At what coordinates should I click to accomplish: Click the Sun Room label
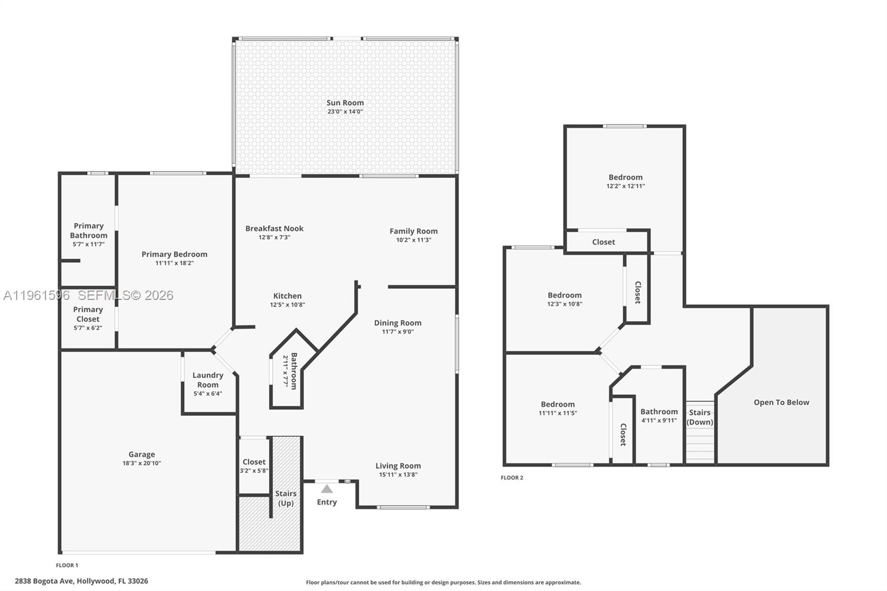345,103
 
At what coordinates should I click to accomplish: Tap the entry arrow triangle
327,489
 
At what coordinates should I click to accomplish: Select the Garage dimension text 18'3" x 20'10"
142,463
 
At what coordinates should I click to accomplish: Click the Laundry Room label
208,380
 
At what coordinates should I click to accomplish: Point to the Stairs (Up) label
286,498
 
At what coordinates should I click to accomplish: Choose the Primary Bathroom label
89,231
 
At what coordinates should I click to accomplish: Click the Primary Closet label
88,314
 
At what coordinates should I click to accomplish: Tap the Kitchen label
287,296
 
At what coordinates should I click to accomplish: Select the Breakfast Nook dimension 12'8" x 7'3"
274,237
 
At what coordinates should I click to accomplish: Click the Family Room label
414,231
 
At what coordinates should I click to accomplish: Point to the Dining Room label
397,323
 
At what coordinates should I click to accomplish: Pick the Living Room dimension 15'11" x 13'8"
398,475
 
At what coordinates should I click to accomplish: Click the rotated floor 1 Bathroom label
294,371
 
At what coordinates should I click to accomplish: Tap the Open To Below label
781,403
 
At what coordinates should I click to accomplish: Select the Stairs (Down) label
700,417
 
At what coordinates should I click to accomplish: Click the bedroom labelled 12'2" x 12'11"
625,177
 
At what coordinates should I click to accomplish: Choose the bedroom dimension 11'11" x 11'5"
558,413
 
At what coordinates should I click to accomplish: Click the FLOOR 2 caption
512,477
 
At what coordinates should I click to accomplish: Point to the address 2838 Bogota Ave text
81,581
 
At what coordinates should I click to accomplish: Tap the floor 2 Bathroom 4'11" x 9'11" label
659,411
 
